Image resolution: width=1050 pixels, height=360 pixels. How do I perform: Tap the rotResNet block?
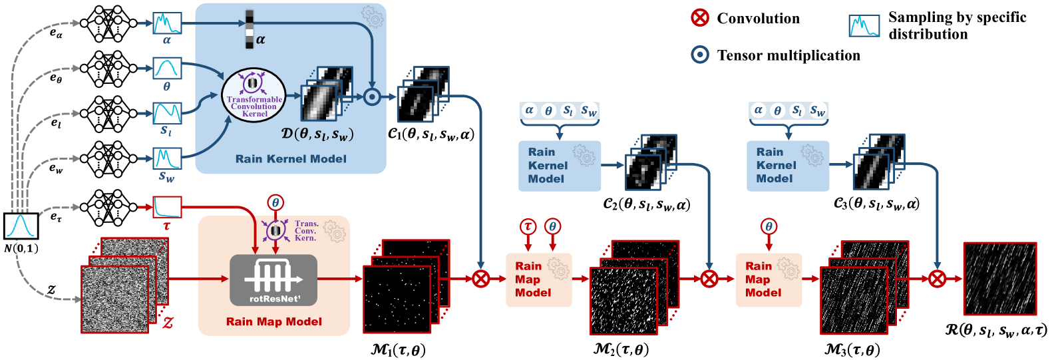point(273,279)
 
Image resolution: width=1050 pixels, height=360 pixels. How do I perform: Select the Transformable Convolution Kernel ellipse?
point(254,96)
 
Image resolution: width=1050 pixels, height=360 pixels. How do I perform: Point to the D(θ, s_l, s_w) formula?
point(317,134)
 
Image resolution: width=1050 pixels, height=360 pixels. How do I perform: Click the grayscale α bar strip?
point(250,30)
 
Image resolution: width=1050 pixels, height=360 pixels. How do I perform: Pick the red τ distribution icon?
point(167,207)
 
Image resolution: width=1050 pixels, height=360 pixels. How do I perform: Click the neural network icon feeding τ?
point(108,207)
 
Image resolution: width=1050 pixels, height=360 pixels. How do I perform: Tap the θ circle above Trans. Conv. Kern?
point(275,202)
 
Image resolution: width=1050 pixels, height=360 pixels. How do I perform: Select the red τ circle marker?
point(528,226)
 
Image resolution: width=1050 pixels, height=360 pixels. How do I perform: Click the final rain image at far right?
point(999,278)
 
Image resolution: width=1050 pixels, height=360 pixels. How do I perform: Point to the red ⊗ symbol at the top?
point(700,17)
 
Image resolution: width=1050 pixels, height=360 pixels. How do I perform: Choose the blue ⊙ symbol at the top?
point(700,54)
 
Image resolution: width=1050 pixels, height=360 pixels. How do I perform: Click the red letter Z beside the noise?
point(168,323)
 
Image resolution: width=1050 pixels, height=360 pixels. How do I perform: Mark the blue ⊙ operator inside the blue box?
point(371,97)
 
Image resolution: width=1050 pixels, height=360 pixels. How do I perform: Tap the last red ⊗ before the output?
point(937,278)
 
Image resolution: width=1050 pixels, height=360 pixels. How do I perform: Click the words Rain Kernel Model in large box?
point(291,159)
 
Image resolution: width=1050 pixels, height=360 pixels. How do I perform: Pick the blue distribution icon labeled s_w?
point(167,158)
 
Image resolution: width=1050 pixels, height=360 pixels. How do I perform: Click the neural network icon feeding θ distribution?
point(108,69)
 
